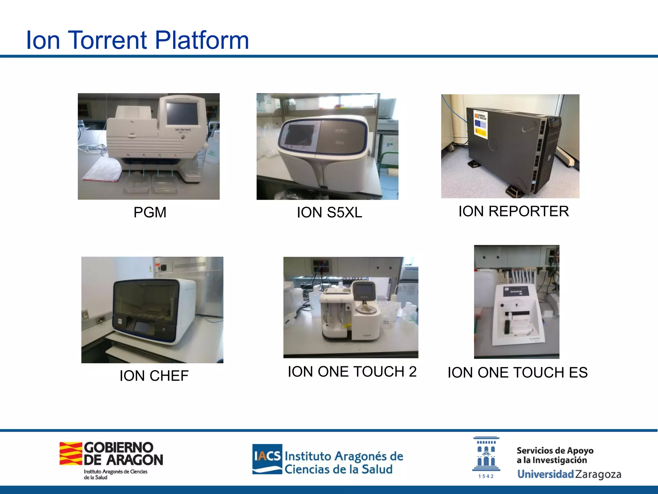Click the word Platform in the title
click(x=202, y=40)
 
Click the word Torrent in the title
click(x=108, y=40)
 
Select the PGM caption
click(x=150, y=213)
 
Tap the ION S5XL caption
click(x=329, y=213)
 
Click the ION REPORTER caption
click(x=513, y=211)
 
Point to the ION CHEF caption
click(x=154, y=376)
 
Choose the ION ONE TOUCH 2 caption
click(x=352, y=372)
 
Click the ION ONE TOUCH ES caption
click(x=517, y=373)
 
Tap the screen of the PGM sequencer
click(x=182, y=113)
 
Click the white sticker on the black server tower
click(x=481, y=124)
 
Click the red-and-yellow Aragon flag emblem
click(x=71, y=453)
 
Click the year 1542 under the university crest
click(x=486, y=476)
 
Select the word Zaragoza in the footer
click(x=598, y=474)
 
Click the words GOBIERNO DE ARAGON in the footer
click(x=123, y=453)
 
